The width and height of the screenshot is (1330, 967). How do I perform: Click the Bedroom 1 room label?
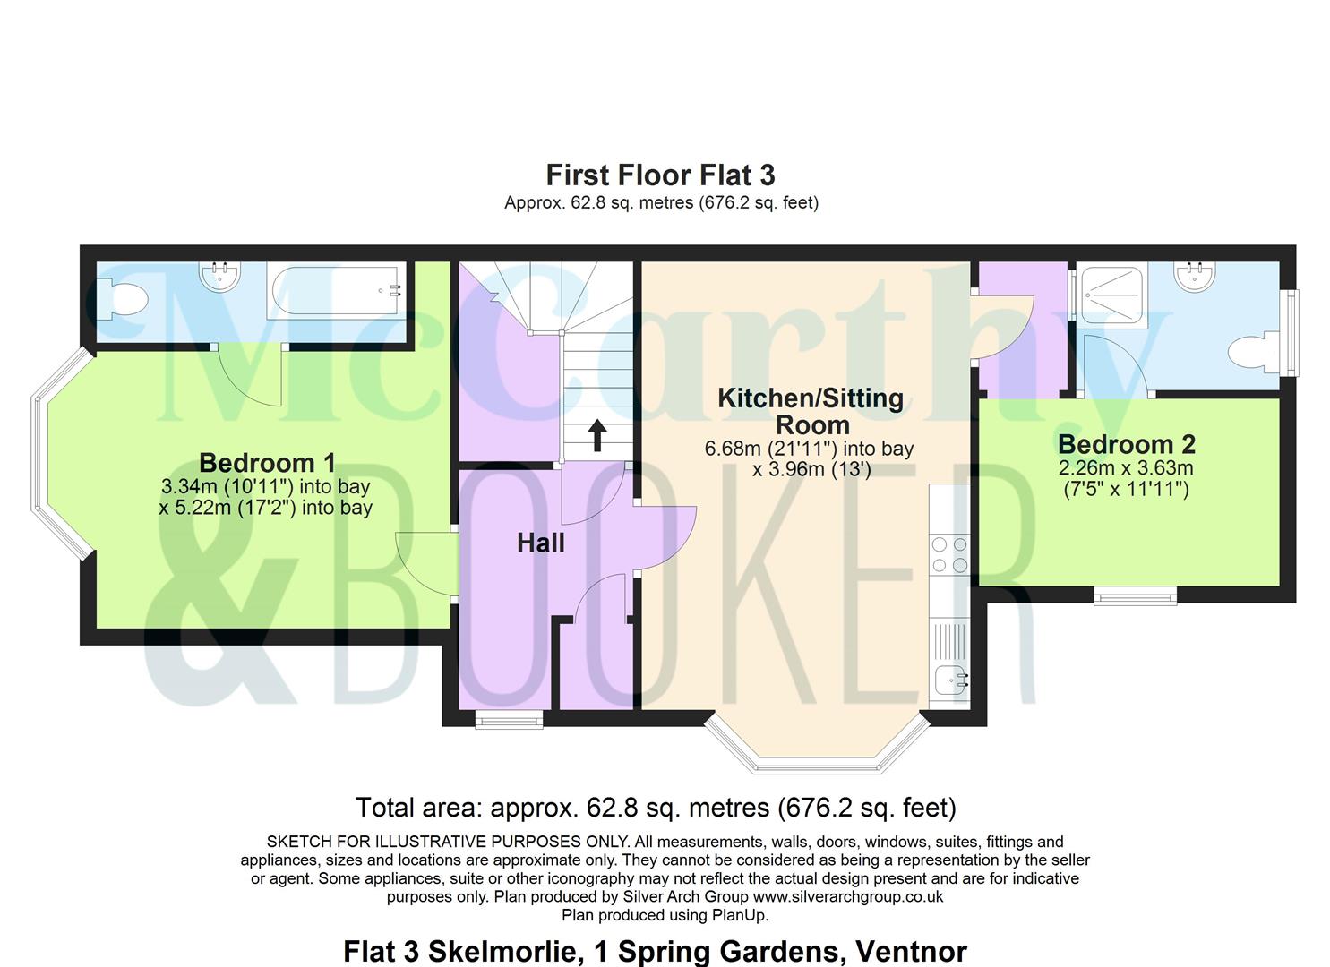(x=267, y=463)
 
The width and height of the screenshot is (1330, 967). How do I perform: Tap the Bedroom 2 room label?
(x=1127, y=444)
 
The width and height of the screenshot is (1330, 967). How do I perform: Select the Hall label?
(x=540, y=543)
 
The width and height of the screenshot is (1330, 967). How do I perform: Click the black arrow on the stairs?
(x=597, y=436)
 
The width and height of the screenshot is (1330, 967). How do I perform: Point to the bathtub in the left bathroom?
(x=336, y=291)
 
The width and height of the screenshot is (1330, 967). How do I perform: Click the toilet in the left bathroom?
(x=123, y=300)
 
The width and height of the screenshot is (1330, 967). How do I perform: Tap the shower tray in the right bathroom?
(x=1110, y=295)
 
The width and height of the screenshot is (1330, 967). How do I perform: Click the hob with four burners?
(x=948, y=554)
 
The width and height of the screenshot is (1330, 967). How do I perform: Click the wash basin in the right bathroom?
(x=1195, y=276)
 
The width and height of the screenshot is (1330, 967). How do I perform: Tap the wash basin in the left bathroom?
(x=219, y=276)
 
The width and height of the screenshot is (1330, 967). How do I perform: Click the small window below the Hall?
(x=509, y=720)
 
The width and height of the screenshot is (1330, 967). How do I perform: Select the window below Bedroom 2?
(x=1135, y=595)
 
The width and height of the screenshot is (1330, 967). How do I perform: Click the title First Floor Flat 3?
(x=660, y=175)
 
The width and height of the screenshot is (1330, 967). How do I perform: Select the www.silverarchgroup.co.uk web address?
(x=848, y=896)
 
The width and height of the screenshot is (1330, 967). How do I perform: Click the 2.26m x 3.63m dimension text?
(x=1126, y=467)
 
